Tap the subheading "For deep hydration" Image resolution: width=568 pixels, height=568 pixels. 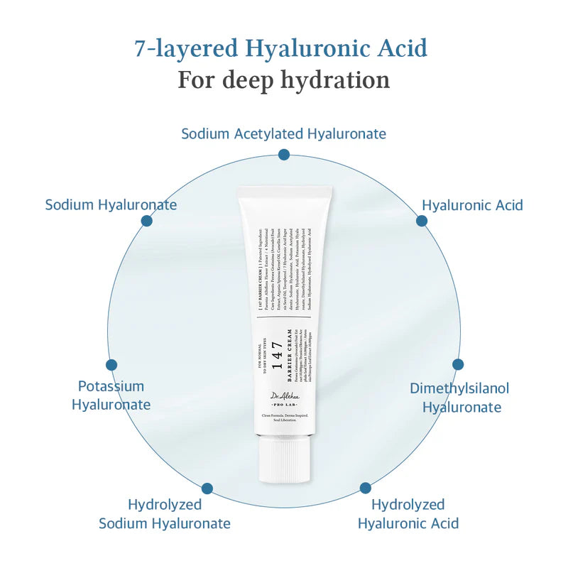point(283,80)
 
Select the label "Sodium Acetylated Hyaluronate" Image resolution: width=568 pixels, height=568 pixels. point(283,133)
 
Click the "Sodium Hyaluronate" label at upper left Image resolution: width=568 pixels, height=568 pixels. point(111,204)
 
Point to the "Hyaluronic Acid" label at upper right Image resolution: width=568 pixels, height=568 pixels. point(472,205)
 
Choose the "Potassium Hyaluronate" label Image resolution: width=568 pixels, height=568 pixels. point(111,395)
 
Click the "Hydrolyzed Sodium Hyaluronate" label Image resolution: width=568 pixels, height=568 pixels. point(165,514)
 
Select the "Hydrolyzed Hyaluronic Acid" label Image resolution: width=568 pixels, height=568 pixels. point(408,514)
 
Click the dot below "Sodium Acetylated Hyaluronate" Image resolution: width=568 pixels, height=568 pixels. point(284,154)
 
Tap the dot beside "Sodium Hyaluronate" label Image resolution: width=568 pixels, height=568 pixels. point(146,221)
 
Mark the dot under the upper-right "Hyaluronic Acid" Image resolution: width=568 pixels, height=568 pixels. point(422,221)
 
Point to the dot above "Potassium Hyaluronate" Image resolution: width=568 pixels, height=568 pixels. point(111,365)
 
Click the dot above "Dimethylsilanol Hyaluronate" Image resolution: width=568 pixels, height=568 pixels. point(458,364)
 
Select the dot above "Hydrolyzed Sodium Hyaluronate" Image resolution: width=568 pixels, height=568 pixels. point(207,488)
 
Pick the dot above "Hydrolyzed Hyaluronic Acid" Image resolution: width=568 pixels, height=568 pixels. point(365,488)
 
